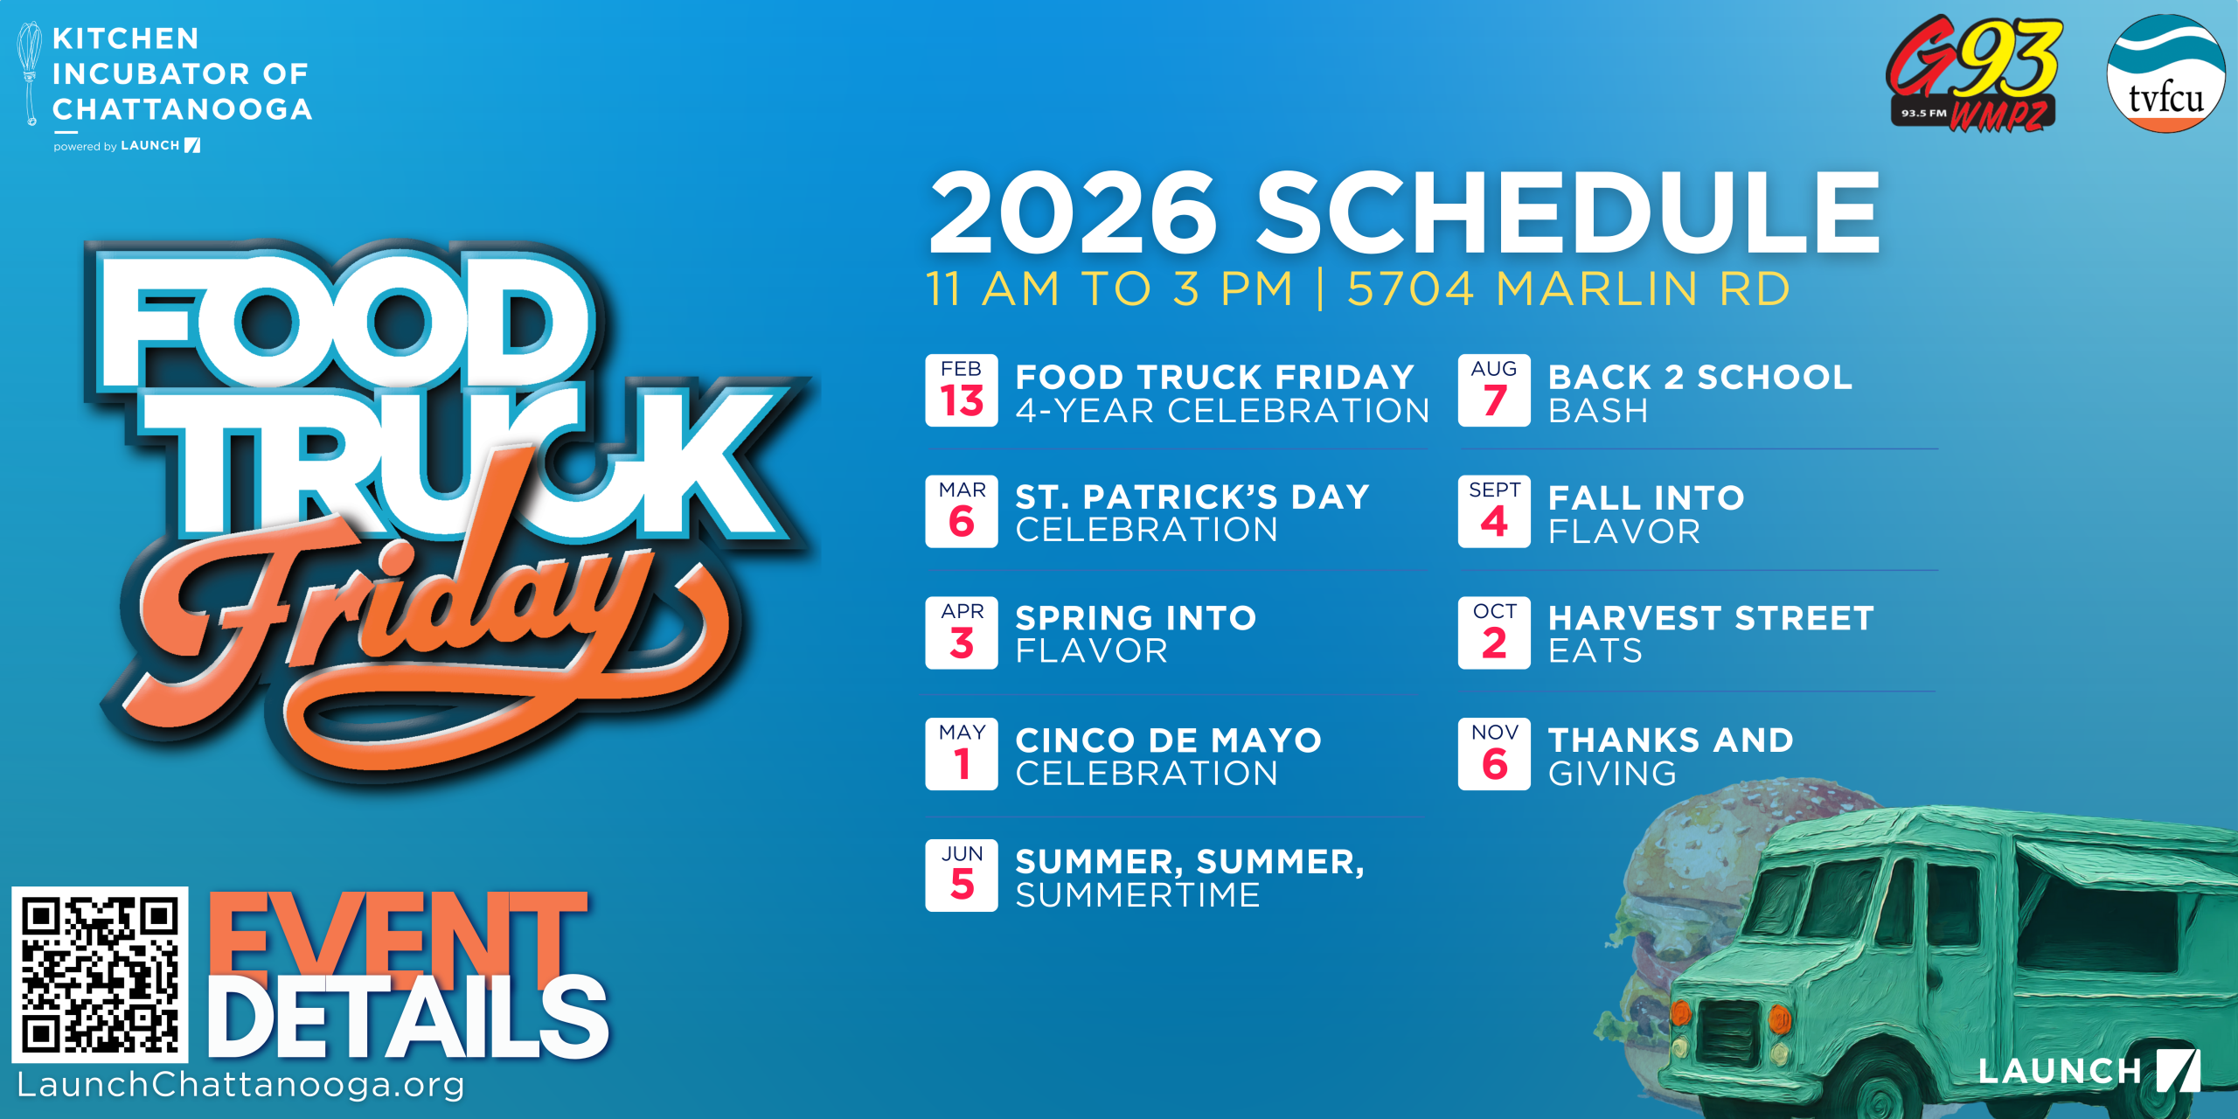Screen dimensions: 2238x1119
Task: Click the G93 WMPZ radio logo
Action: coord(1973,73)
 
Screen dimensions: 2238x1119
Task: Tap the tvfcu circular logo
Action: coord(2165,73)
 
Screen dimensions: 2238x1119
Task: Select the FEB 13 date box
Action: coord(962,390)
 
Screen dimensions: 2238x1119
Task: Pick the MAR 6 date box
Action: coord(962,511)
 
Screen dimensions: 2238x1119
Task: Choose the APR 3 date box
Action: coord(962,633)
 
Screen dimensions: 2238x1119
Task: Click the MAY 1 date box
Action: coord(962,754)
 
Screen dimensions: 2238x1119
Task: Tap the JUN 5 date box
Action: coord(962,875)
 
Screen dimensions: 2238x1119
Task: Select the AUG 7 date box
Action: coord(1494,390)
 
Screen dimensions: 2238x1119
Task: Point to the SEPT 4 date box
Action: coord(1494,511)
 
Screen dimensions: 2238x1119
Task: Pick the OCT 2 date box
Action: coord(1494,633)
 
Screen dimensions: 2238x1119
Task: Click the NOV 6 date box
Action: coord(1494,754)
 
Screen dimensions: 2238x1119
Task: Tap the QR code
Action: coord(100,974)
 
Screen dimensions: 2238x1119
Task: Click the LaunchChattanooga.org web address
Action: coord(240,1085)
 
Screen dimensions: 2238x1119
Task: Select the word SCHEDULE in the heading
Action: coord(1567,212)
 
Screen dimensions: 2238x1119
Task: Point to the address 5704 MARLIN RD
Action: coord(1568,288)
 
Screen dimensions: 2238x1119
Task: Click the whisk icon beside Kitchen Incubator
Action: coord(29,73)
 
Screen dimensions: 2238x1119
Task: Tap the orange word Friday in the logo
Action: coord(420,612)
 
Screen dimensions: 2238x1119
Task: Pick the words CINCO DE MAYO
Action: coord(1169,740)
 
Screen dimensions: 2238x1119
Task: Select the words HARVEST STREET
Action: coord(1711,618)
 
